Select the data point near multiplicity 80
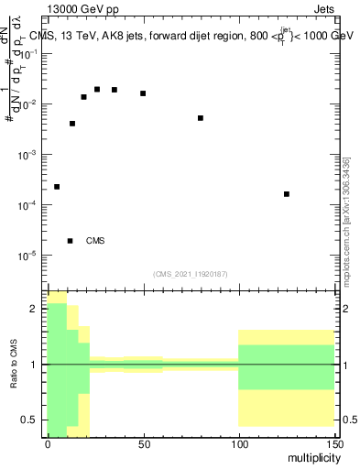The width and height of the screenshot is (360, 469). [201, 118]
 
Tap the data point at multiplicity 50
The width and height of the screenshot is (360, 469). [143, 93]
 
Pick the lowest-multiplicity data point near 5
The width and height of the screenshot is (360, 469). [57, 187]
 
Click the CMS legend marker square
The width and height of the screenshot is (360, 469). [71, 241]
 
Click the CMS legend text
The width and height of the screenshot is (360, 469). [95, 241]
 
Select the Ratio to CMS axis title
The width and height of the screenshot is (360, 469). [14, 365]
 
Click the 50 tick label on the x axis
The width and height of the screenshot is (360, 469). [143, 444]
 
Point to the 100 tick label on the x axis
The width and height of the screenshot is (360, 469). [238, 444]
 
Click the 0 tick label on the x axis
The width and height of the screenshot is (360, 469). [48, 444]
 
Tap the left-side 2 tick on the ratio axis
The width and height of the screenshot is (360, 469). [34, 309]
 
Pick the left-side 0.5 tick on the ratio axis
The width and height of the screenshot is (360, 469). [30, 420]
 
